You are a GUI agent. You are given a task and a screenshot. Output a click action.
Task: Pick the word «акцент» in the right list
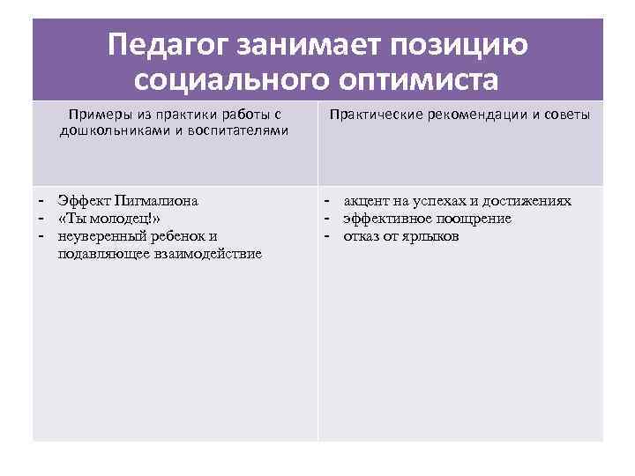367,201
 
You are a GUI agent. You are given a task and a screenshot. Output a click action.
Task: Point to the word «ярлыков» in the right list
431,236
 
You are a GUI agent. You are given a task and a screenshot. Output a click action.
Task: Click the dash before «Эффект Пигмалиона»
40,201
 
